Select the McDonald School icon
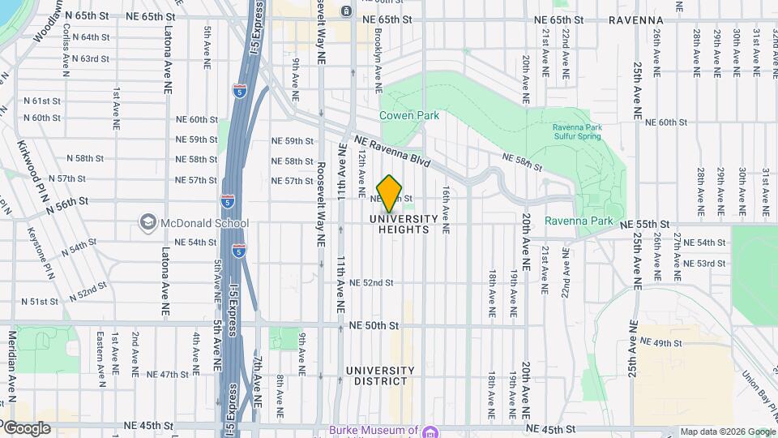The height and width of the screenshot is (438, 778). [147, 221]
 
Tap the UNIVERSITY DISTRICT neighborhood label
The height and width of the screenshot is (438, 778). [380, 376]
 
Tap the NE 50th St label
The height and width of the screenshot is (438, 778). [374, 325]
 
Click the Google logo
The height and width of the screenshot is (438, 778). [26, 428]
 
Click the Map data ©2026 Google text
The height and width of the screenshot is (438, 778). [727, 432]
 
